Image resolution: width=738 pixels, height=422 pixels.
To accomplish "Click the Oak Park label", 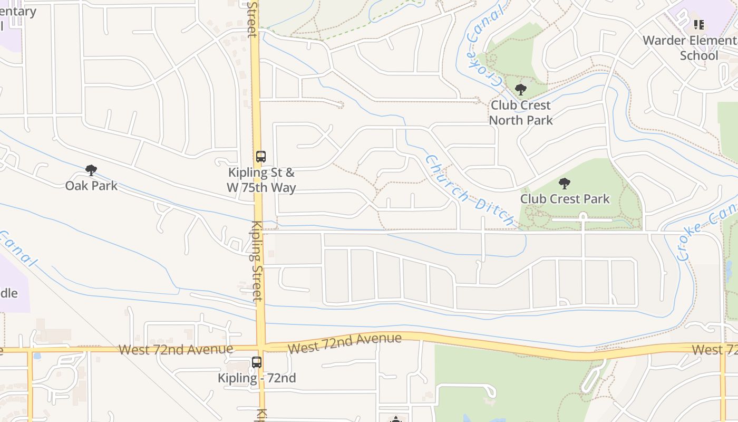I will (x=91, y=186).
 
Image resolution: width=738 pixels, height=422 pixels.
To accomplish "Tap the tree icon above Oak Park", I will (x=91, y=170).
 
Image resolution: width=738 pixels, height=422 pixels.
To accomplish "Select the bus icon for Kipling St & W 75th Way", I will (x=261, y=157).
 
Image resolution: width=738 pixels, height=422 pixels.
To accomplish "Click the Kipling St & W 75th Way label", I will (x=261, y=180).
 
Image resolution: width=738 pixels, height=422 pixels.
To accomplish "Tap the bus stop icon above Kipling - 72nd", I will (x=257, y=362).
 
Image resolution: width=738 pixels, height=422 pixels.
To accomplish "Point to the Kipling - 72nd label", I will (x=257, y=378).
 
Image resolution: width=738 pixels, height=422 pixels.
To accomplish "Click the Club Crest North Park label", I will (x=521, y=112).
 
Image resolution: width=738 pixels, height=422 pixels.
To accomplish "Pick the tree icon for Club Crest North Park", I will (x=521, y=90).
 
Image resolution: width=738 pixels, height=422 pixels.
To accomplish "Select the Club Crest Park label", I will (x=565, y=199).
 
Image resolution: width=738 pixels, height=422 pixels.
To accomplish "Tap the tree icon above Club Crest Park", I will (x=565, y=184).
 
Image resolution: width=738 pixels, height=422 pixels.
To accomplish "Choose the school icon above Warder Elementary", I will (x=699, y=24).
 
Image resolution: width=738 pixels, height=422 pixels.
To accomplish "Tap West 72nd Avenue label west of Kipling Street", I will (x=176, y=349).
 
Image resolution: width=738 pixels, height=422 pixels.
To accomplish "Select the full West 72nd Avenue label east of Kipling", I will (x=345, y=343).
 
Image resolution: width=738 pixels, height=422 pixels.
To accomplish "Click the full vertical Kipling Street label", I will (x=257, y=261).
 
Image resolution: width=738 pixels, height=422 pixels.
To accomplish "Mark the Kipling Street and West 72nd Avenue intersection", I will (x=260, y=348).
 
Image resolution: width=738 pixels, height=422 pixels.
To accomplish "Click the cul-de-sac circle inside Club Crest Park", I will (x=582, y=216).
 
